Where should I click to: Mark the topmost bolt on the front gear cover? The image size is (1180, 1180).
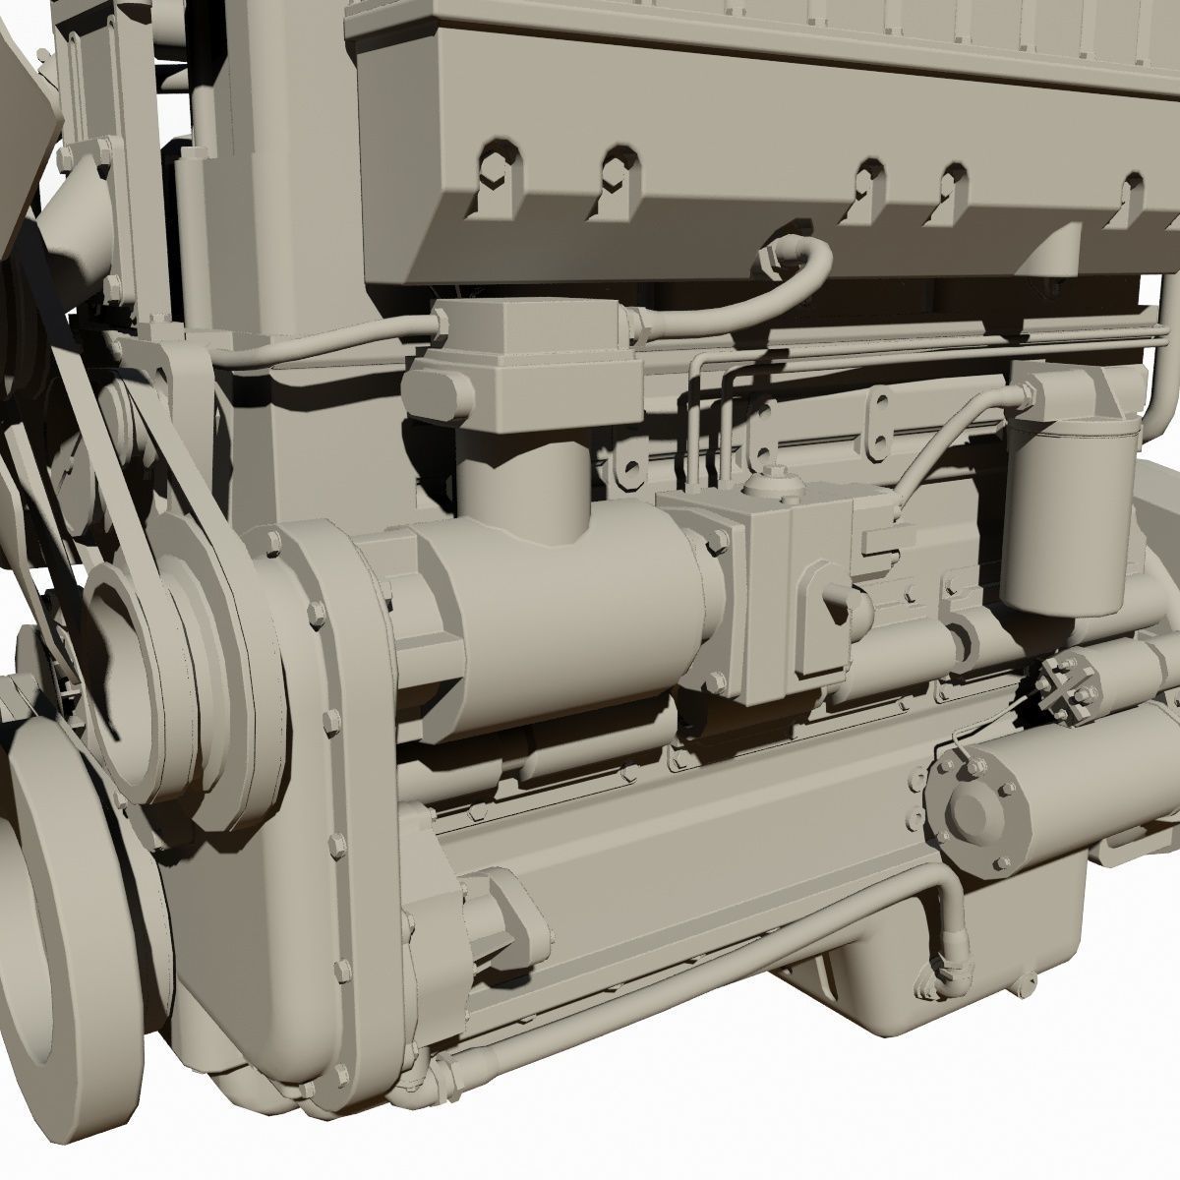(270, 542)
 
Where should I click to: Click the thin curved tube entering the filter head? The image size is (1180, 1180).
(944, 442)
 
